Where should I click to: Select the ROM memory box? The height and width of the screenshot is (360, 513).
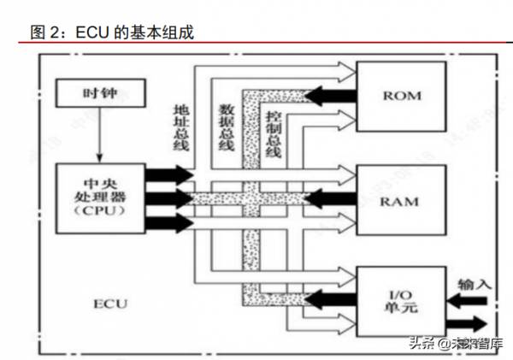pos(401,96)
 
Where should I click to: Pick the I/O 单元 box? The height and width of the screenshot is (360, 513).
pos(401,298)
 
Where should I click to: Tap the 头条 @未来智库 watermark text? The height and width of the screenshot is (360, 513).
pos(452,344)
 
